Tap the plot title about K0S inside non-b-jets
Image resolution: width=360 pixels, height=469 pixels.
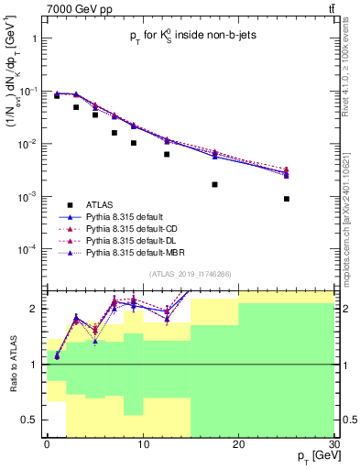pyautogui.click(x=188, y=38)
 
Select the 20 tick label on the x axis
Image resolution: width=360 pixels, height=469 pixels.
pyautogui.click(x=238, y=443)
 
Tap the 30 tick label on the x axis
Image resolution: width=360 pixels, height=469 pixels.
pyautogui.click(x=333, y=443)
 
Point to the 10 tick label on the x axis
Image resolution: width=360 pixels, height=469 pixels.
pyautogui.click(x=142, y=443)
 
